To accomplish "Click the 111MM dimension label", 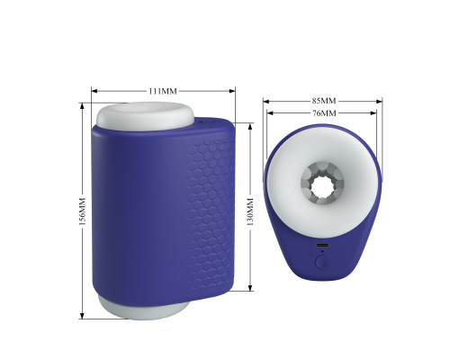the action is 163,91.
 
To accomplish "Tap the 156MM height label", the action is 83,211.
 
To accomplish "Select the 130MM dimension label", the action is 251,211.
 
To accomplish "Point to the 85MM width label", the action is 323,101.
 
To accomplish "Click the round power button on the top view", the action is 322,263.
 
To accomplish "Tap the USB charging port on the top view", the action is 322,245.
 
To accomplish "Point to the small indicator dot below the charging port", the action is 322,251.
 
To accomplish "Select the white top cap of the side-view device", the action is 145,116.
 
